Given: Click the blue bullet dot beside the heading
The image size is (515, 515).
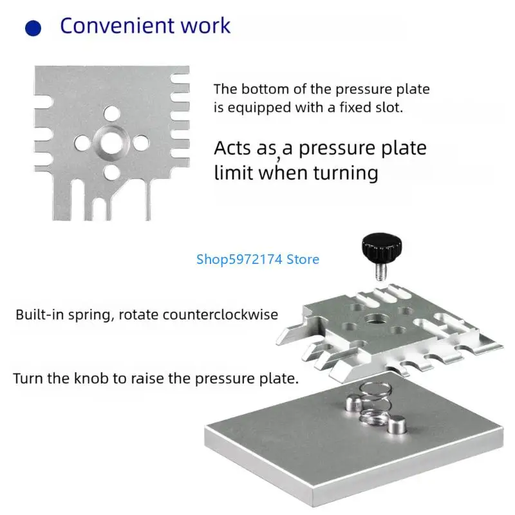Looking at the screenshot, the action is (33, 28).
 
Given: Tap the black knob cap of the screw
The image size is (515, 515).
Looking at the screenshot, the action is (382, 246).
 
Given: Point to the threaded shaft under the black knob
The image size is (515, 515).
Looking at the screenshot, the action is (380, 270).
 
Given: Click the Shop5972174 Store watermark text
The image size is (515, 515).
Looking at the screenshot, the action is (258, 259).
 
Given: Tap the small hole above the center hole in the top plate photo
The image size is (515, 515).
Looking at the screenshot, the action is (111, 113).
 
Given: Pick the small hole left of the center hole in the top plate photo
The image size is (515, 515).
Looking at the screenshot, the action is (82, 143).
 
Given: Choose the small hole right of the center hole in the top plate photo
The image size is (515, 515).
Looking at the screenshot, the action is (140, 143).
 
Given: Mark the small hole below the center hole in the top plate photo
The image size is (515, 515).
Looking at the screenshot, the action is (111, 172).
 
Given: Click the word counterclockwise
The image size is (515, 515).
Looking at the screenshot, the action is (220, 315).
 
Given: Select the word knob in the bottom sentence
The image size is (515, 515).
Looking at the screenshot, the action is (91, 379).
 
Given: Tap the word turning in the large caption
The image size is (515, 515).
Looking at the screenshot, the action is (346, 173).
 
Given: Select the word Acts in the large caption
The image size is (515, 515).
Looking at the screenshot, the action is (233, 148).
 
